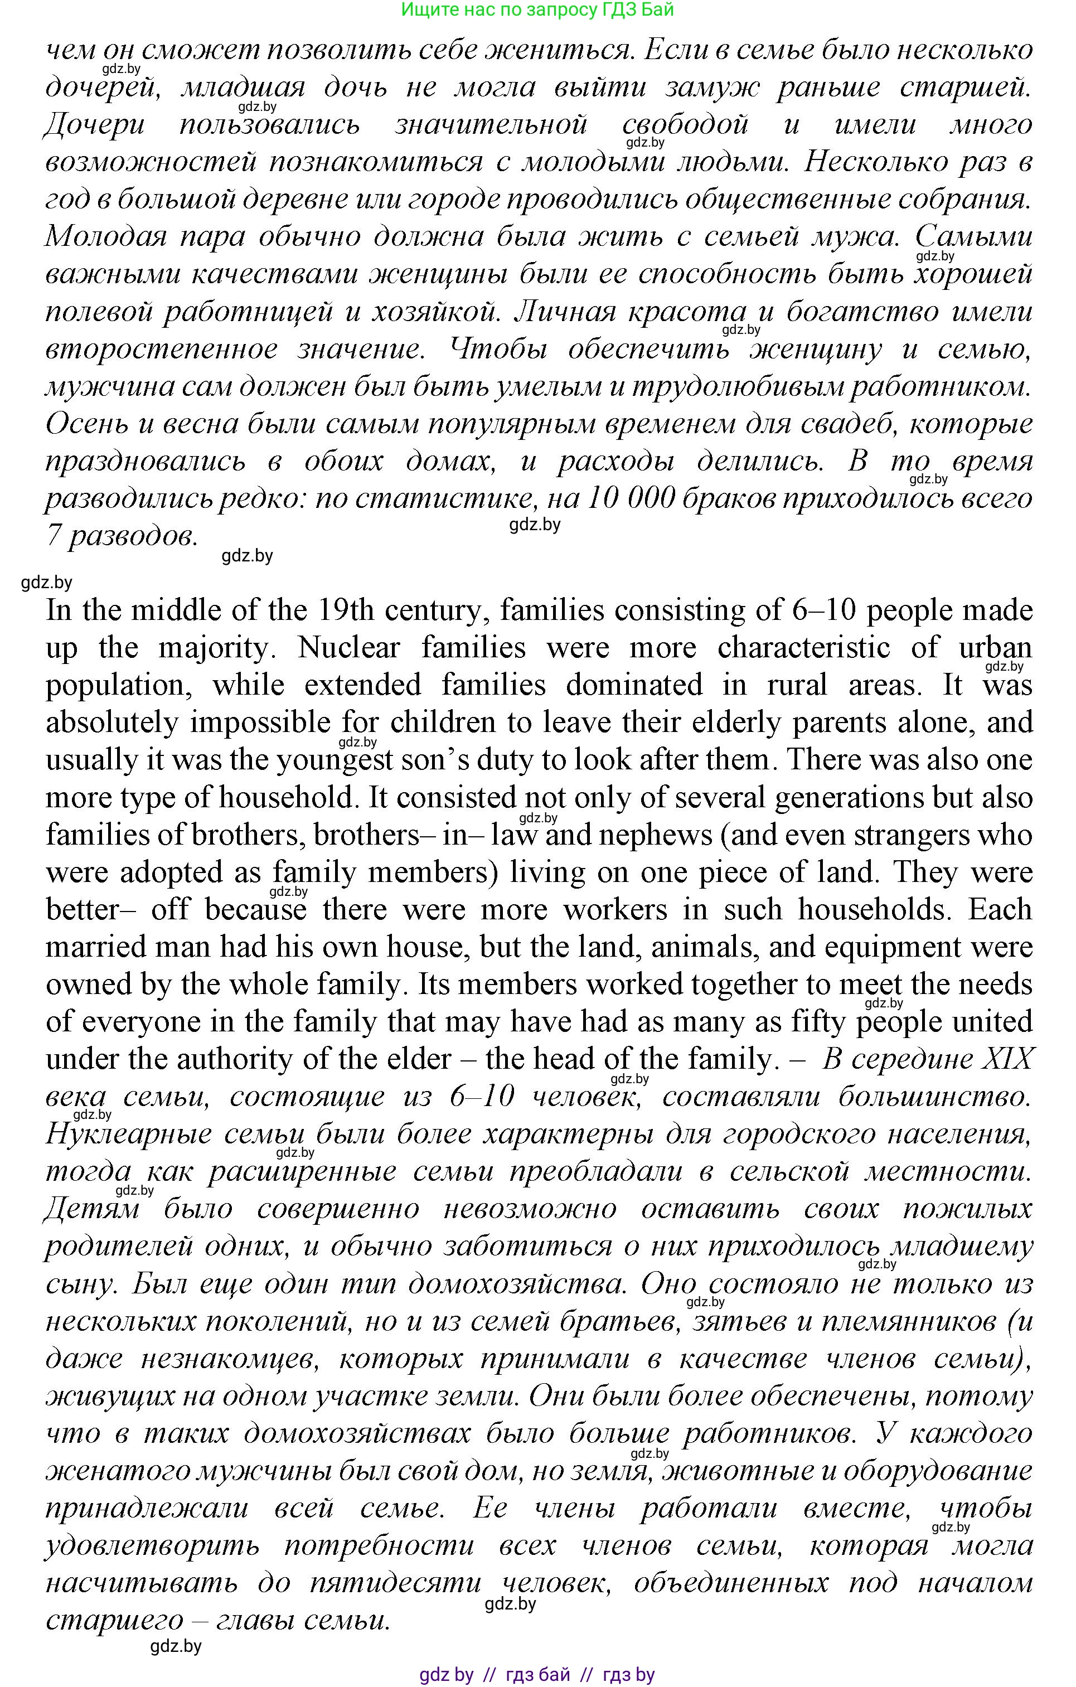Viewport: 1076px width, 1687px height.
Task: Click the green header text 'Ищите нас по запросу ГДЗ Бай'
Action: (x=537, y=10)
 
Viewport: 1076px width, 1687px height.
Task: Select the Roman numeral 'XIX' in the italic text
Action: (x=1007, y=1059)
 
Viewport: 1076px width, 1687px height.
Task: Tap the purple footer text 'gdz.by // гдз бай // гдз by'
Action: (x=537, y=1675)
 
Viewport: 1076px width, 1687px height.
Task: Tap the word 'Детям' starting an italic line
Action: (x=92, y=1209)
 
